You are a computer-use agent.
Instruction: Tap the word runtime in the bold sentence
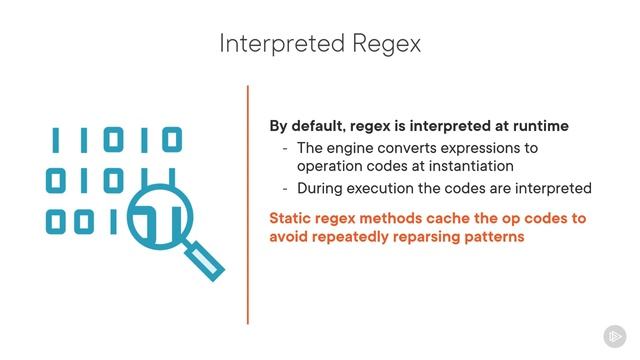[538, 126]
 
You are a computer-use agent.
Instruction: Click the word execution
[384, 188]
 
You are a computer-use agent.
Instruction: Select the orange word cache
[476, 217]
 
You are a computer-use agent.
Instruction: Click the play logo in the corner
[614, 336]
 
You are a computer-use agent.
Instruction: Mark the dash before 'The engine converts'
[286, 148]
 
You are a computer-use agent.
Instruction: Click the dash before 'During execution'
[286, 188]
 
